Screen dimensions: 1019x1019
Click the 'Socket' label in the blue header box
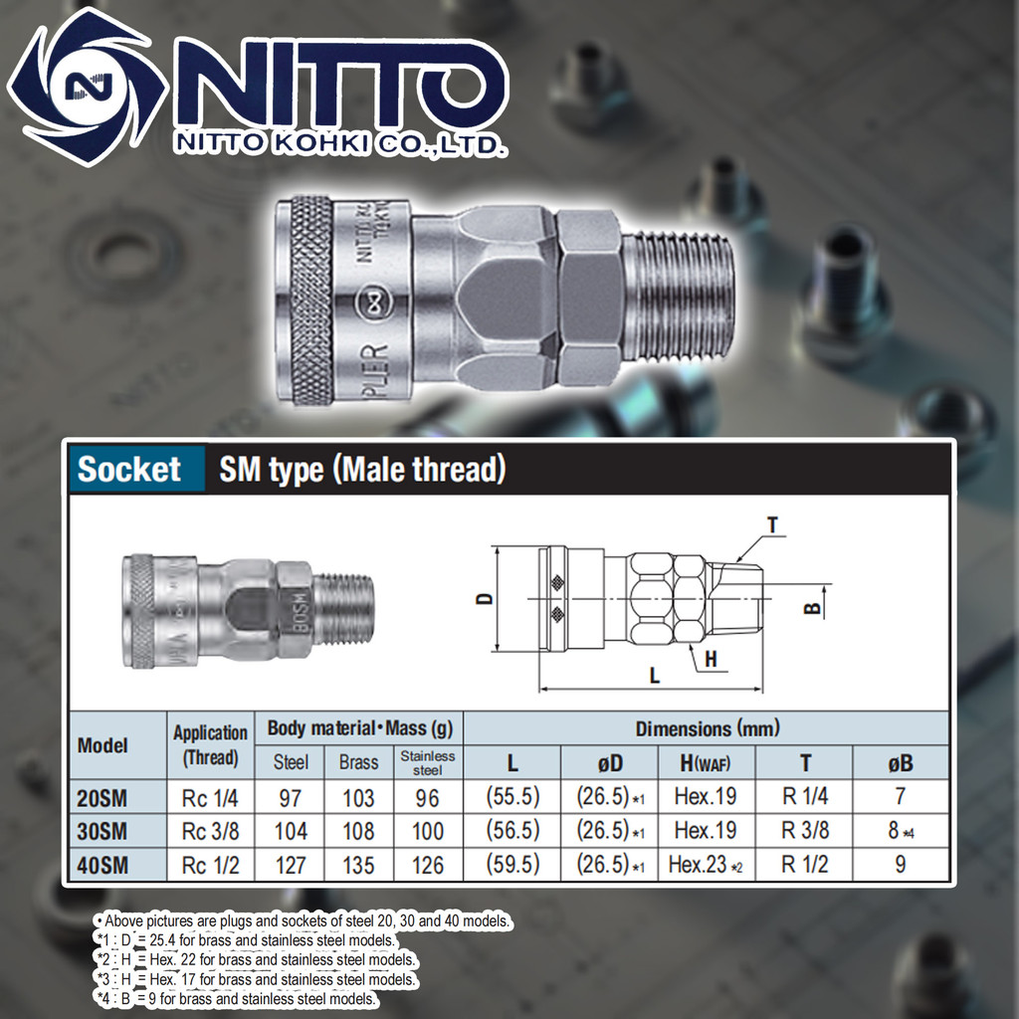[x=128, y=469]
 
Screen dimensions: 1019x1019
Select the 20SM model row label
[x=102, y=797]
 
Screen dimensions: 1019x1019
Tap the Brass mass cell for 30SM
[x=358, y=831]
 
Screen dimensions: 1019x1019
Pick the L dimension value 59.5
[x=512, y=864]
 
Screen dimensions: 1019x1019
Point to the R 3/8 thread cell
[x=804, y=830]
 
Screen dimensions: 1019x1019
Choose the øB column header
[x=901, y=762]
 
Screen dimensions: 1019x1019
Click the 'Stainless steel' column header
[x=428, y=763]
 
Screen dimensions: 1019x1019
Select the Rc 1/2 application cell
[x=211, y=865]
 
